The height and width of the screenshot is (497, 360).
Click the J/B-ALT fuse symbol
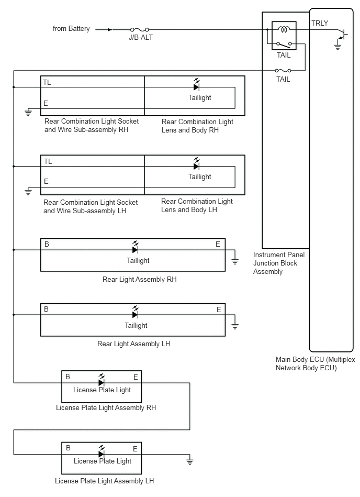(140, 30)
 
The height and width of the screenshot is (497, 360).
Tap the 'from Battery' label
(71, 28)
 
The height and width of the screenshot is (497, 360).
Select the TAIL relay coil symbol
(284, 29)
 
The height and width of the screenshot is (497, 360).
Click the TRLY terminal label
(320, 23)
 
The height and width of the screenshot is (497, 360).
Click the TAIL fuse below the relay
(283, 70)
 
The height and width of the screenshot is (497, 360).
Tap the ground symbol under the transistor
(338, 47)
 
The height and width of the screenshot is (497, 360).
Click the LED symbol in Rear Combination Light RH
(197, 85)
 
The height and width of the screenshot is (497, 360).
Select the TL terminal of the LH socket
(48, 162)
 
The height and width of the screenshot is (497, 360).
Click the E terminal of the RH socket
(46, 103)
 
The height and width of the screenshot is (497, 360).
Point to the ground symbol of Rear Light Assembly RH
(235, 261)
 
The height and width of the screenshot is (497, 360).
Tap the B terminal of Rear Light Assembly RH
(47, 244)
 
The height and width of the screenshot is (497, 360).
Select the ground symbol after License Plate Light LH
(189, 461)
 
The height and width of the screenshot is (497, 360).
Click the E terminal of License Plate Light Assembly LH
(135, 449)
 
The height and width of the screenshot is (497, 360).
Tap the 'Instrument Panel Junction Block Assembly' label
(279, 263)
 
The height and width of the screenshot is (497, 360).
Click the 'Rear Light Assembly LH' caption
(133, 344)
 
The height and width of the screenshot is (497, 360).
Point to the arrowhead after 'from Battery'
(110, 30)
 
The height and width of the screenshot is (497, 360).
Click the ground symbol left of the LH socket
(28, 191)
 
